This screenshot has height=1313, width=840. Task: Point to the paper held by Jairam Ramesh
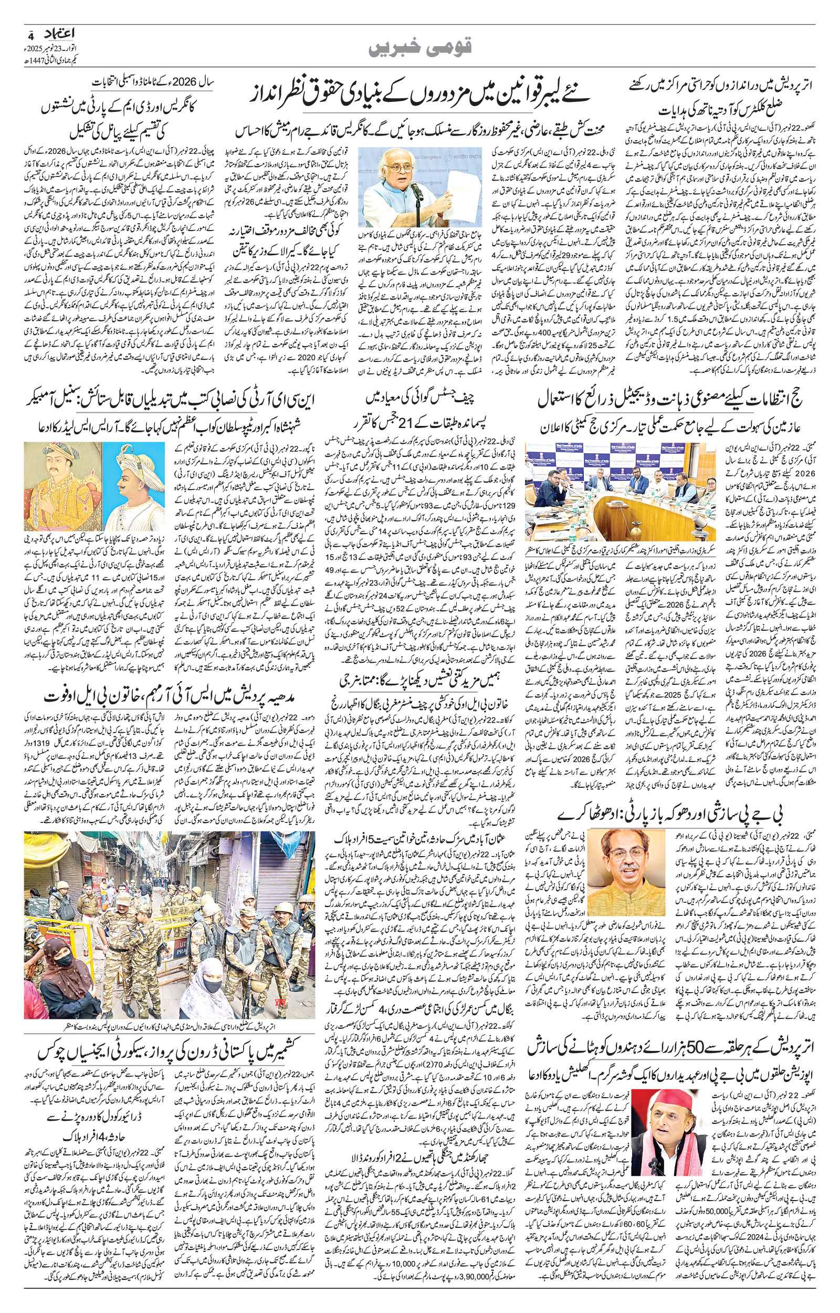[x=457, y=196]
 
